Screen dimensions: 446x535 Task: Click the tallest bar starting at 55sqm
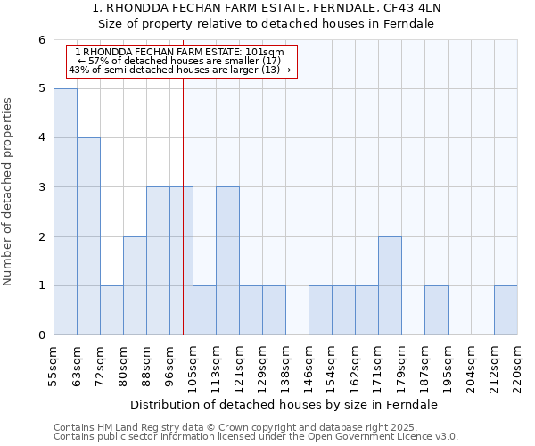65,211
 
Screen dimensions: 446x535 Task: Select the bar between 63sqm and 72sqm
88,236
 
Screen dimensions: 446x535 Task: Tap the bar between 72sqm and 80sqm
111,310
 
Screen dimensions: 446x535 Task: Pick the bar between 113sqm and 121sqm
227,260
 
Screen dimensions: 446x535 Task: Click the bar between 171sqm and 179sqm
390,285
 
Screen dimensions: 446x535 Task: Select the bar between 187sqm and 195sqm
436,310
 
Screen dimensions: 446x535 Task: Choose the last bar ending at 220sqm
506,310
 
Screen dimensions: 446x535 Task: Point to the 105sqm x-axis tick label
193,366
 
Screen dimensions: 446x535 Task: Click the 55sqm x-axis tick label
53,366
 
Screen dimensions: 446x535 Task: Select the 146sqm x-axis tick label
309,366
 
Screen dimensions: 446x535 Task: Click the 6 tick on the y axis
41,40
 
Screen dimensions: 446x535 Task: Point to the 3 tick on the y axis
41,187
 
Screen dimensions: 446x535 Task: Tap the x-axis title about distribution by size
285,404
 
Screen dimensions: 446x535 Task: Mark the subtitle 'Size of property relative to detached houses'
266,23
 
